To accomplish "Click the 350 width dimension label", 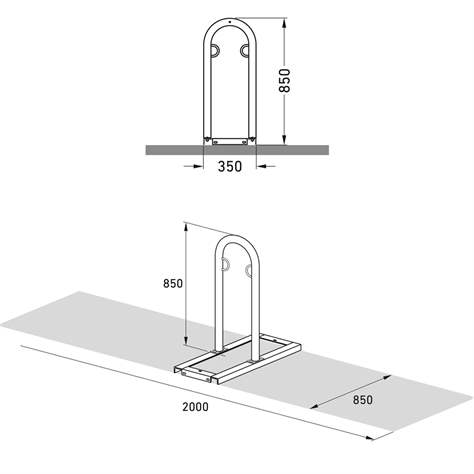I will coord(231,167).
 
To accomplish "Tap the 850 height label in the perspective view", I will coord(172,283).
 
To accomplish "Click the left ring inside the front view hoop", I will coord(214,50).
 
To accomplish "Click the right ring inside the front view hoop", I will coord(246,50).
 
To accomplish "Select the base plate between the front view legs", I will coord(230,140).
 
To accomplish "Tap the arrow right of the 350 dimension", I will coord(264,167).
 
